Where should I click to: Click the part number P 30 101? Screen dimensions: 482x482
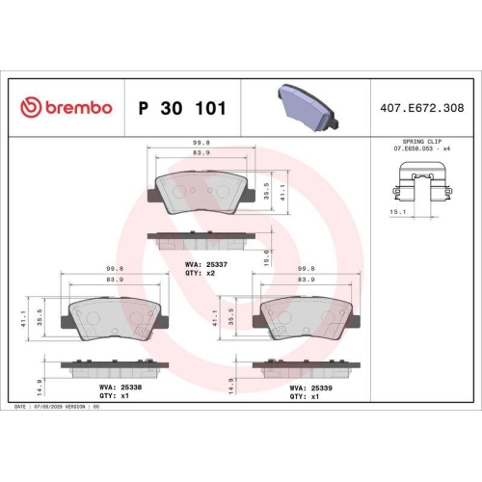[183, 108]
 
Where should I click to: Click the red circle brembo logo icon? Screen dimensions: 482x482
[31, 108]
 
